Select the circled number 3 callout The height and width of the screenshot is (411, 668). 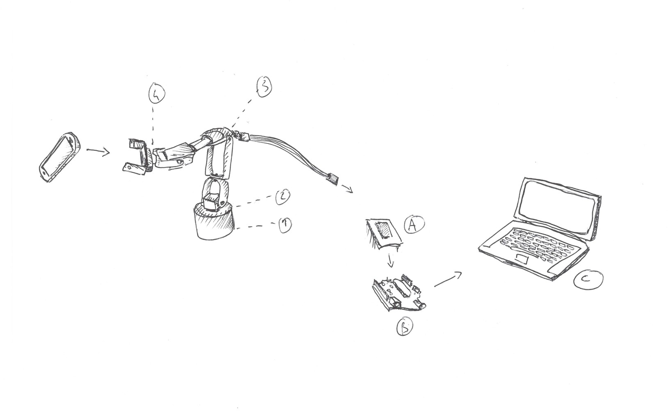[264, 87]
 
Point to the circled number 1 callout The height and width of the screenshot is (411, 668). [285, 225]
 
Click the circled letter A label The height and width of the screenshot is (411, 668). [414, 225]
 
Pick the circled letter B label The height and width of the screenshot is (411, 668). [405, 327]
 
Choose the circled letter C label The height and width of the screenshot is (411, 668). [588, 280]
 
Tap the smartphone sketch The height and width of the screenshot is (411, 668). [60, 157]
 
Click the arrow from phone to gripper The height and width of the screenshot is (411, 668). [98, 152]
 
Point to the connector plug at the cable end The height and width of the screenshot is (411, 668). [333, 179]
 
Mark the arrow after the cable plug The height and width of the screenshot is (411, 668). [347, 189]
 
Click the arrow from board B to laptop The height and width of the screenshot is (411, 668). [448, 279]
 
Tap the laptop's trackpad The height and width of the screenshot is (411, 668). [522, 259]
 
